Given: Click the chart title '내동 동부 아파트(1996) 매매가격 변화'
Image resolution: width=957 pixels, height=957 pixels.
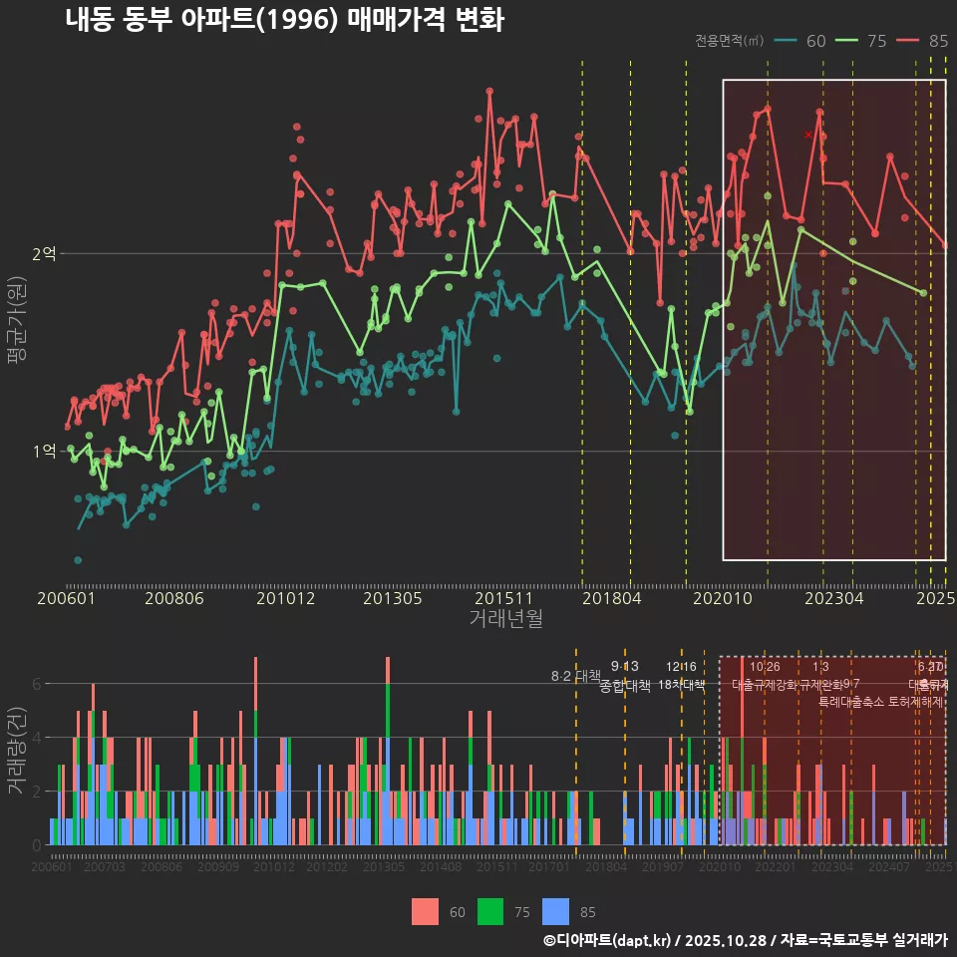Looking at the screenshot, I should click(284, 20).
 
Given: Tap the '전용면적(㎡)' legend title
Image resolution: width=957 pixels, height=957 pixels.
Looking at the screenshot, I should click(729, 41).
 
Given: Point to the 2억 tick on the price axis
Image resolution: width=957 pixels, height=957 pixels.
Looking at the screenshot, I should click(44, 254).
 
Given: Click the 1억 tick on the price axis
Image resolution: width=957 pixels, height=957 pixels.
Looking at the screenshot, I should click(44, 452).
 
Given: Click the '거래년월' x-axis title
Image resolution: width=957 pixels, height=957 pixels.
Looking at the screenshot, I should click(505, 618).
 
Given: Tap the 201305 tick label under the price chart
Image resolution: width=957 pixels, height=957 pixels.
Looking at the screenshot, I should click(392, 598).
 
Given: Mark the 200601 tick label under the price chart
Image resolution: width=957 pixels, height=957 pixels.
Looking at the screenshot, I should click(66, 598).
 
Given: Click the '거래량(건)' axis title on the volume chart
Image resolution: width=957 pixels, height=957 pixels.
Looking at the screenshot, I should click(17, 751).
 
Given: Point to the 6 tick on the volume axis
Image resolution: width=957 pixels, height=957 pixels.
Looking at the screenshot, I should click(37, 685).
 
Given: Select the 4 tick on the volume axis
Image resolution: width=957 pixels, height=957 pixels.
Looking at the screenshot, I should click(37, 739).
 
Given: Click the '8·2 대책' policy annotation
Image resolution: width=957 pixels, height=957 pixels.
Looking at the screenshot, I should click(576, 676).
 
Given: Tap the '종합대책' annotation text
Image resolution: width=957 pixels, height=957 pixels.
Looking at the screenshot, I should click(625, 686).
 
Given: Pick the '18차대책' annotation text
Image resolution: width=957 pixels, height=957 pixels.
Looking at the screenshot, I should click(682, 686).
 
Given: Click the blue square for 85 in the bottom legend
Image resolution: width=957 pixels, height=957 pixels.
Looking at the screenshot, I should click(556, 911).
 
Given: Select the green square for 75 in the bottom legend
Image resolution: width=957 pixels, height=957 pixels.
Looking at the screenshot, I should click(490, 911).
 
